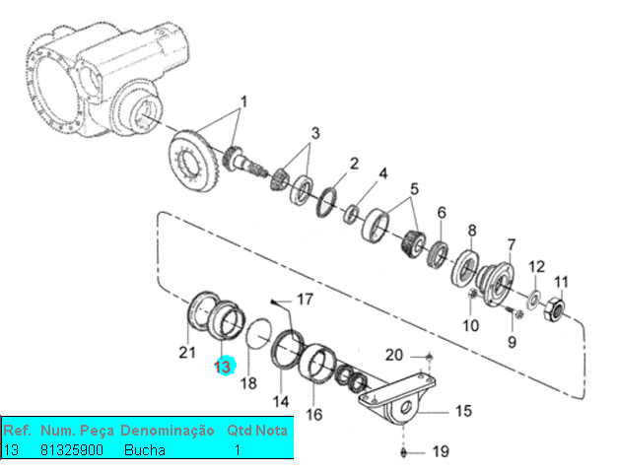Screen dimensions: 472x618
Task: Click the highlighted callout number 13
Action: (223, 366)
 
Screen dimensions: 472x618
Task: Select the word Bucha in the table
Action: (145, 449)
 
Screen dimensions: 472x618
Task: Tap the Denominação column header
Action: (167, 432)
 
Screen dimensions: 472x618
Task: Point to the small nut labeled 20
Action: (429, 355)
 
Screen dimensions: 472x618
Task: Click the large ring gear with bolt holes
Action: (194, 160)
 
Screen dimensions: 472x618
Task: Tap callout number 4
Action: (382, 173)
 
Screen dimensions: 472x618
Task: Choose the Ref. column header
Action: (18, 432)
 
